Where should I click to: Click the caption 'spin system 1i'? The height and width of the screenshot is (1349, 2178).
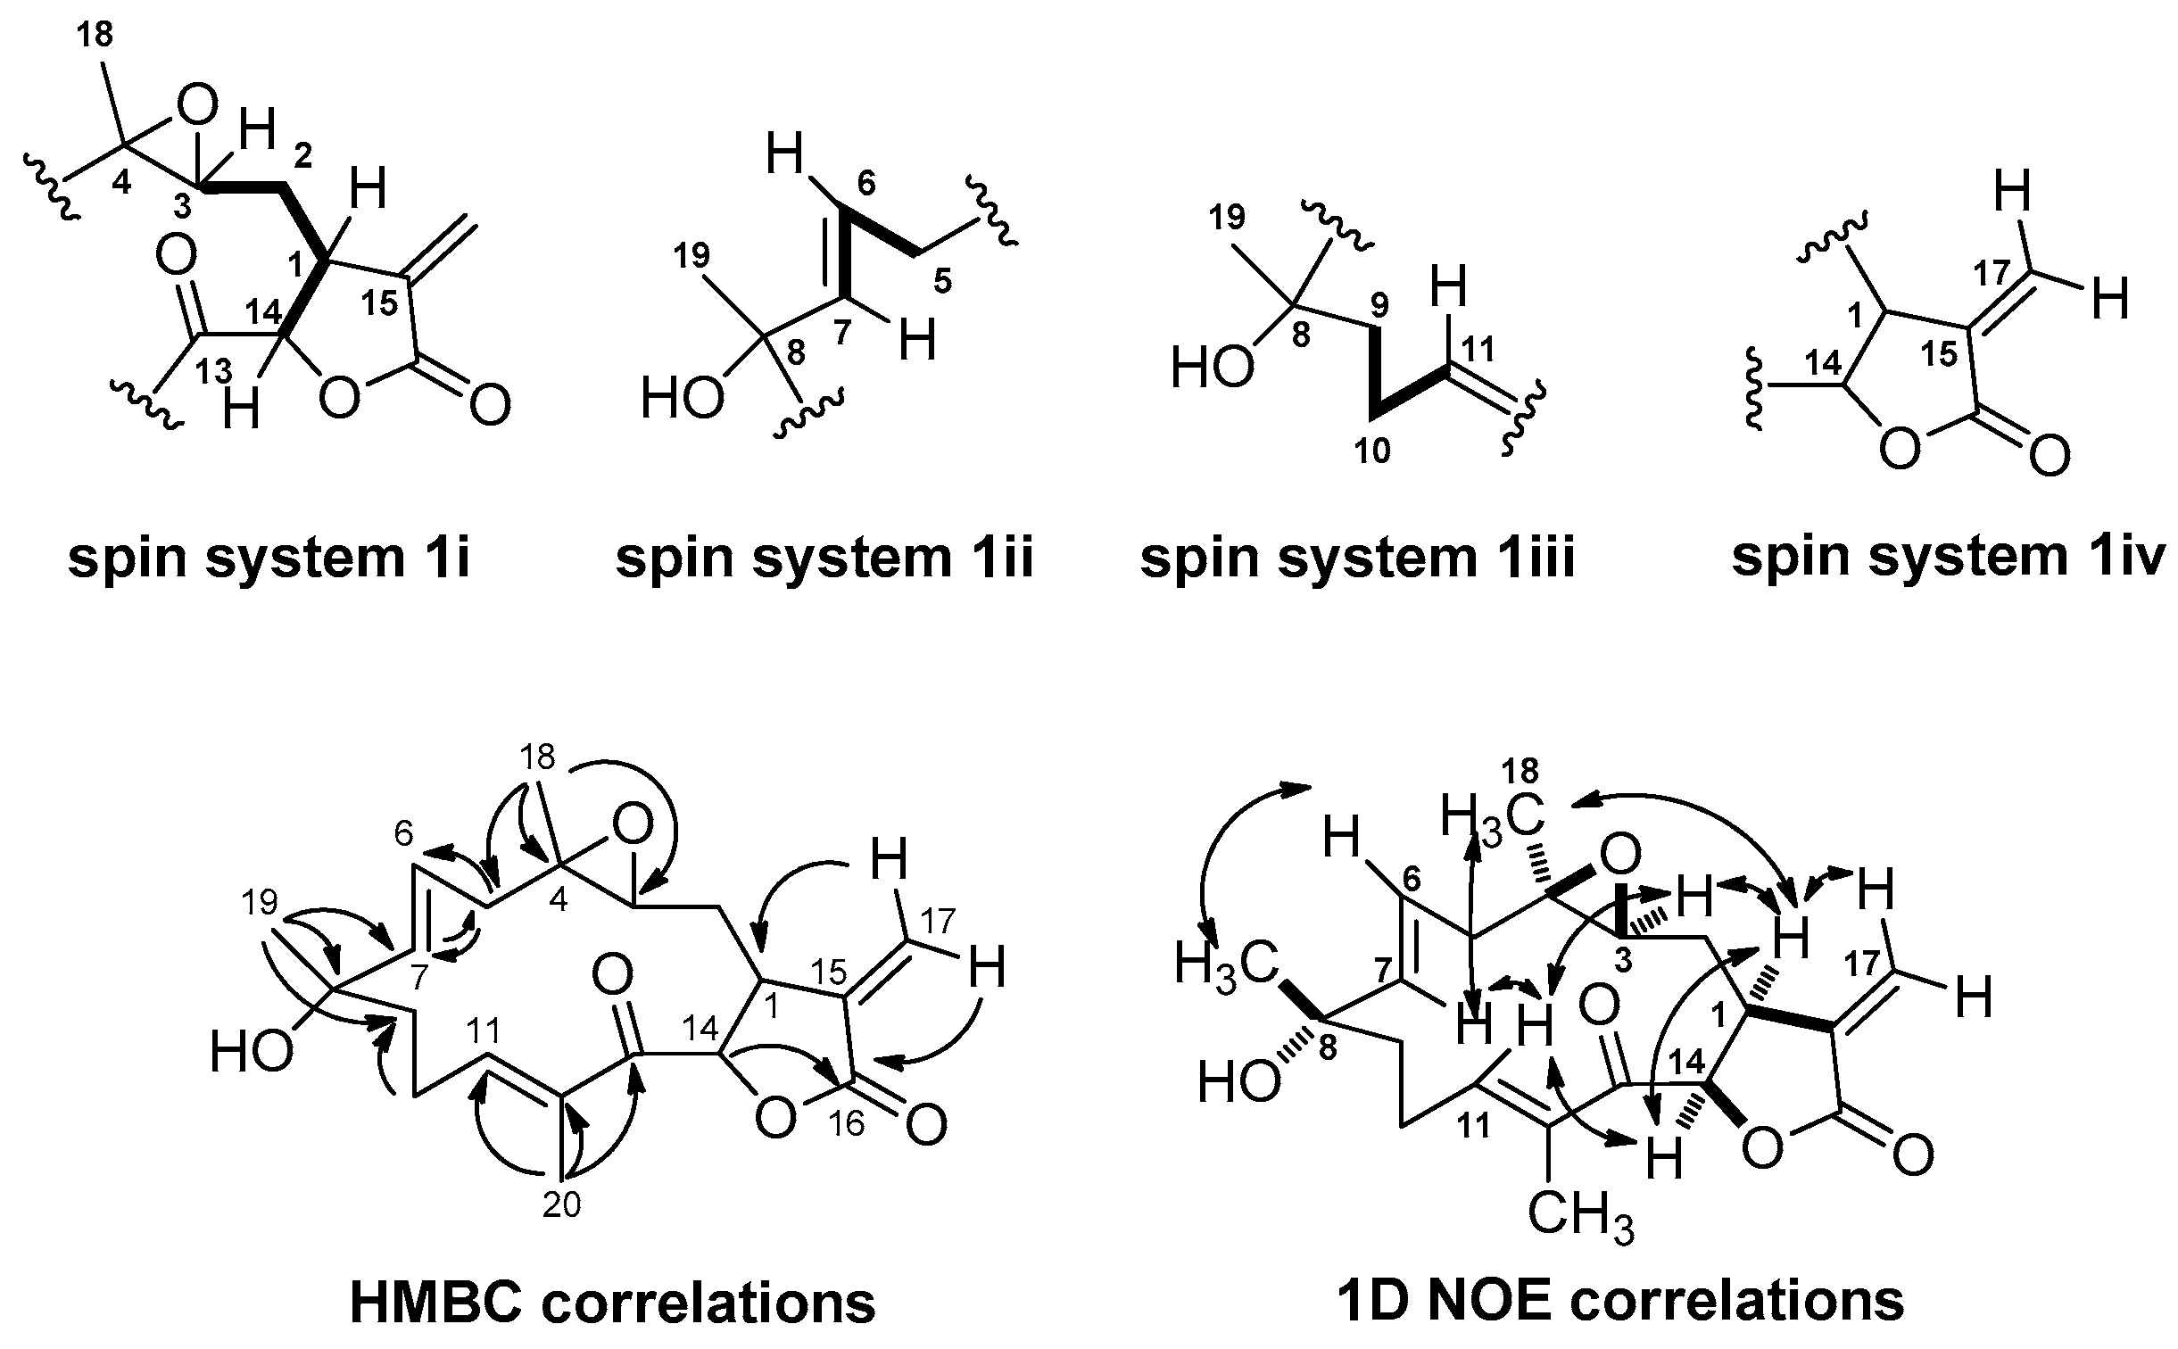point(269,559)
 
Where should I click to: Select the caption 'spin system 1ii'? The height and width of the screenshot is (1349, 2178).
point(824,559)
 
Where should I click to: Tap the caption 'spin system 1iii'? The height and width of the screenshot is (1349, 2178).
point(1357,559)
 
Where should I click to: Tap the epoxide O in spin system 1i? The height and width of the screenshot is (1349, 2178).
point(197,107)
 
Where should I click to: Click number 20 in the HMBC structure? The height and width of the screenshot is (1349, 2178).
point(562,1205)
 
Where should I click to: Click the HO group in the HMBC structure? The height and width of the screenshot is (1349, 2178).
point(251,1054)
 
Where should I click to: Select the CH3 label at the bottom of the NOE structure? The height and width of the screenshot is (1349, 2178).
point(1580,1217)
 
